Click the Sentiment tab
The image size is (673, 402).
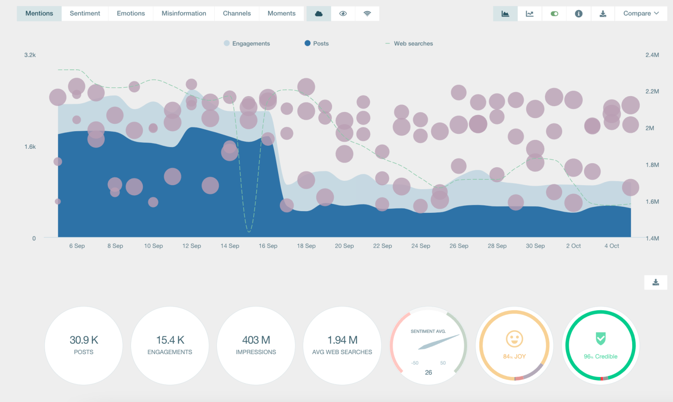[x=85, y=14]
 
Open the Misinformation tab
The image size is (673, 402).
[x=184, y=14]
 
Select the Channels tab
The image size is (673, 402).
[x=237, y=14]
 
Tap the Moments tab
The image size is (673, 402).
[x=281, y=14]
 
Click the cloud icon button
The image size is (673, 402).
[x=319, y=14]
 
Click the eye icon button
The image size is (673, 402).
[x=343, y=14]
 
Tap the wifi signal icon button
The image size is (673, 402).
[x=367, y=14]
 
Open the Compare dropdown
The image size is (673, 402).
[x=641, y=14]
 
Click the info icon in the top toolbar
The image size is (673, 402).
[x=578, y=14]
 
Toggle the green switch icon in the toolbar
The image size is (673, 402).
[x=554, y=14]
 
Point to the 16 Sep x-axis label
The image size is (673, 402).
[x=268, y=246]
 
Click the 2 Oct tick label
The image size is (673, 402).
[x=573, y=246]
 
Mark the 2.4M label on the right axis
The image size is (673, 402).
[x=652, y=55]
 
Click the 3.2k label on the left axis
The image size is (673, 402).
[x=30, y=55]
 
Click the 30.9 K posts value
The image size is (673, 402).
[x=84, y=340]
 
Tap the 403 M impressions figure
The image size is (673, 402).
[x=256, y=340]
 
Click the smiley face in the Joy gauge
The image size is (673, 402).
[x=514, y=339]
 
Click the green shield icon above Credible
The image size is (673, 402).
[x=600, y=338]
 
